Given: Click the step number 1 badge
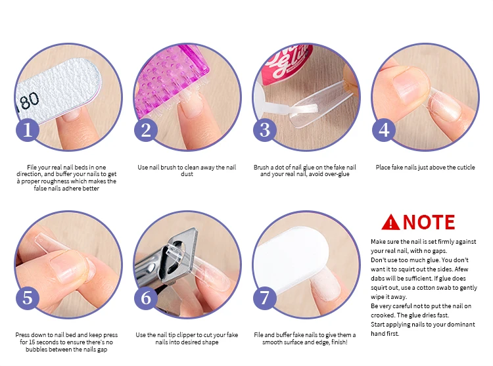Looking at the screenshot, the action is tap(28, 129).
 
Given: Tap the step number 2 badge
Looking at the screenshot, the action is tap(146, 129).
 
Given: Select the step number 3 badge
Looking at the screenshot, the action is tap(265, 129).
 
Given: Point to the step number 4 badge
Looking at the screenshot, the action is tap(384, 129).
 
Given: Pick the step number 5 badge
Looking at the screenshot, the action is tap(28, 298).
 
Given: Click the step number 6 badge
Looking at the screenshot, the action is tap(146, 298).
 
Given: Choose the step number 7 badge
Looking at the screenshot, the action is tap(265, 298).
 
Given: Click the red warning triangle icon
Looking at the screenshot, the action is tap(390, 223).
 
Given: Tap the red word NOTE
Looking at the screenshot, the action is tap(429, 222).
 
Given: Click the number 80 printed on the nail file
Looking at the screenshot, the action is tap(30, 101).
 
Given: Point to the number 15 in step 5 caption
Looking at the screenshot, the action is tap(32, 342).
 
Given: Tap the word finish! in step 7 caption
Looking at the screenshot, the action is tap(339, 342).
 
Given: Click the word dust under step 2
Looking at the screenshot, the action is tap(187, 174).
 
